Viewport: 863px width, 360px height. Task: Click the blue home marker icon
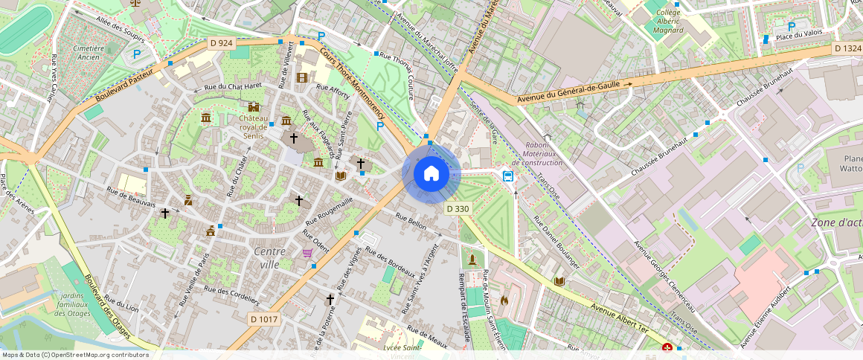point(431,174)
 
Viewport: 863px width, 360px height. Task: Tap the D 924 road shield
point(222,43)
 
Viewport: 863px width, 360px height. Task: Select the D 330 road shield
point(458,209)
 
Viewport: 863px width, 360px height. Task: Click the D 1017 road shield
point(263,318)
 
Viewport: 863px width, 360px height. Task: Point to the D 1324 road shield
point(847,48)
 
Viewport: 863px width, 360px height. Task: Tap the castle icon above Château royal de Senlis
point(254,107)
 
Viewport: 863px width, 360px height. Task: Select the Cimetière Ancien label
point(89,53)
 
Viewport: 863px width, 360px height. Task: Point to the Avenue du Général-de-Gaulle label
point(569,91)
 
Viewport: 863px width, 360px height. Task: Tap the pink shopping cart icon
point(307,254)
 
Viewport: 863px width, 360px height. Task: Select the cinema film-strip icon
point(301,77)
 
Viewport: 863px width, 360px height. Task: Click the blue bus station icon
point(508,176)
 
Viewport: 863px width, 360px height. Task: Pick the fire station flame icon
point(504,300)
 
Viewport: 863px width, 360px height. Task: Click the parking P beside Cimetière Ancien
point(136,54)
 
